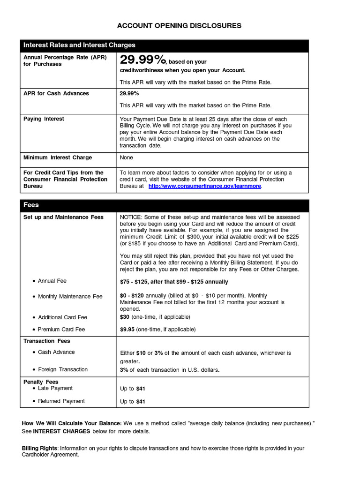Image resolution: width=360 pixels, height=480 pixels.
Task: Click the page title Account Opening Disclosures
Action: [x=179, y=26]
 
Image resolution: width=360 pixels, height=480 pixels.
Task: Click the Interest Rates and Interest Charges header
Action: [x=79, y=45]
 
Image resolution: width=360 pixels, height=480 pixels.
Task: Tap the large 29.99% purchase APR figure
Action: [x=143, y=60]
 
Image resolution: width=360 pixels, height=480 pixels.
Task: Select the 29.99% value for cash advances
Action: [x=129, y=93]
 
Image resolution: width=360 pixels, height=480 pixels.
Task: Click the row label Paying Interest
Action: [x=44, y=119]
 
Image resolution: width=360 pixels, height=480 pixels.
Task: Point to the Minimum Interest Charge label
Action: [x=58, y=157]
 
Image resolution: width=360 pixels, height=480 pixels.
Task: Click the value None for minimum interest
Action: [x=127, y=158]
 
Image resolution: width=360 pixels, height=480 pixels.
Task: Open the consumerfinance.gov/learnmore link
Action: [x=205, y=186]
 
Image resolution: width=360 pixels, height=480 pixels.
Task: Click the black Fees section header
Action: [x=31, y=205]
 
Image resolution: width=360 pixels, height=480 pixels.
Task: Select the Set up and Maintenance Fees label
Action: [x=63, y=217]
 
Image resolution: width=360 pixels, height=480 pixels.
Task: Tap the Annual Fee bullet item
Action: [x=52, y=281]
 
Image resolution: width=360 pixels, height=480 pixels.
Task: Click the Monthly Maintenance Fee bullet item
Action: [x=70, y=297]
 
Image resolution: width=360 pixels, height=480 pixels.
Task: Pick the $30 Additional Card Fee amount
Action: [x=125, y=317]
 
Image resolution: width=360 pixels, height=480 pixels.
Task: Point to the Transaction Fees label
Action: [x=46, y=341]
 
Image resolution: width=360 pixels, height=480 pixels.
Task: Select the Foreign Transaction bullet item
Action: [x=62, y=370]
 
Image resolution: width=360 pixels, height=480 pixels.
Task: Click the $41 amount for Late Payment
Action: [x=141, y=389]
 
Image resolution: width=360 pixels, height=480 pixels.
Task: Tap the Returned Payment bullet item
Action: [x=61, y=401]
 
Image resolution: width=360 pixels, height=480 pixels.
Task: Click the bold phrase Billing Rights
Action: [x=40, y=449]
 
